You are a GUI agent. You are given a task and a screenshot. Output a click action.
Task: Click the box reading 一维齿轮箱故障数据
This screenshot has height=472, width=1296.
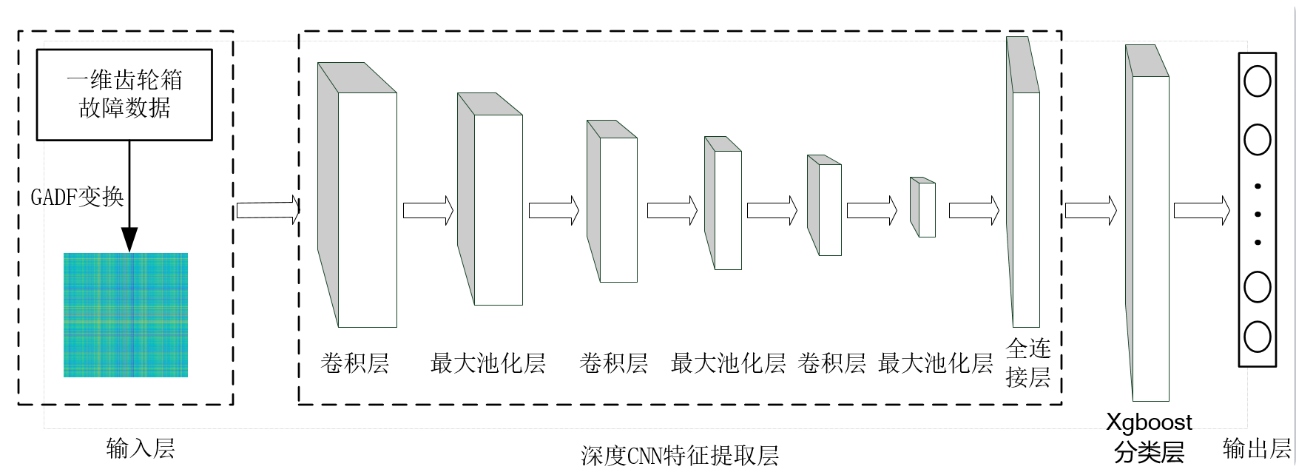124,95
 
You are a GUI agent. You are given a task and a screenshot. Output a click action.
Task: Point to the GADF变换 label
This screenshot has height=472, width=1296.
77,197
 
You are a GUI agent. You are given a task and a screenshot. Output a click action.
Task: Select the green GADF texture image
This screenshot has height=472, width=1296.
125,315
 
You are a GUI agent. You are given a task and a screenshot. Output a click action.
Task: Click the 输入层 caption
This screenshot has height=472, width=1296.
140,448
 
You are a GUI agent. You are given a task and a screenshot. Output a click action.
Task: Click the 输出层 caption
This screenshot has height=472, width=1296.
1257,448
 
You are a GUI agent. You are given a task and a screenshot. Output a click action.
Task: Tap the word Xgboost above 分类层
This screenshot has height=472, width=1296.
1149,422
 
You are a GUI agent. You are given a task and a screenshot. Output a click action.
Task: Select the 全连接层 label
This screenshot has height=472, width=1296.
1028,363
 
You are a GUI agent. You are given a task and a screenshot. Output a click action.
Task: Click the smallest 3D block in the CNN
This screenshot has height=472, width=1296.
924,208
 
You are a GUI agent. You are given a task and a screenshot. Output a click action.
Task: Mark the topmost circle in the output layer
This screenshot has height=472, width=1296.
1258,81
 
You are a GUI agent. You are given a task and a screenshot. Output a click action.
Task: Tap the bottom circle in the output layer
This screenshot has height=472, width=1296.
1258,337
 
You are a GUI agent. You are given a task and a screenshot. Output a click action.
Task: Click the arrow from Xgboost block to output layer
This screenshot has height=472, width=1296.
1201,210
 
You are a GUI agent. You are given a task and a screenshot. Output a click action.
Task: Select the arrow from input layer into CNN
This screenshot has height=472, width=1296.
267,210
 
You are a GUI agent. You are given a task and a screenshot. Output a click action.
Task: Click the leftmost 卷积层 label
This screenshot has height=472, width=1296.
354,363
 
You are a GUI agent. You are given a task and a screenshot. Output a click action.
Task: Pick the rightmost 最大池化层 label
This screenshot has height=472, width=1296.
935,363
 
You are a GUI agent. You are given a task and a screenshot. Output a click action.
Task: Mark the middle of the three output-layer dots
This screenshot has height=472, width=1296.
1258,215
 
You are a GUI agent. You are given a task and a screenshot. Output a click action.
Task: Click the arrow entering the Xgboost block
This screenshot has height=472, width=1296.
1090,210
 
